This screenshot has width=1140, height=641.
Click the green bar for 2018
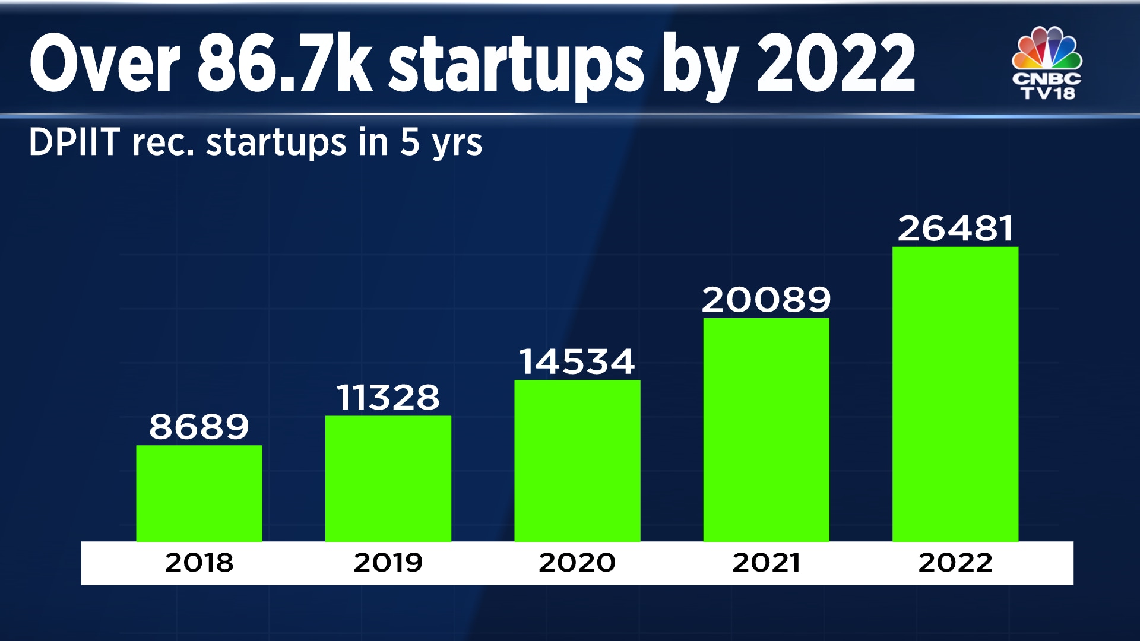(199, 493)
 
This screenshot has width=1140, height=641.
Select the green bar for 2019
(388, 478)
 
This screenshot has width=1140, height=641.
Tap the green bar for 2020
(577, 461)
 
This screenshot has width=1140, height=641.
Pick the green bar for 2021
(766, 430)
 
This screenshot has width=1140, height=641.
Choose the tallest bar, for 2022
(955, 394)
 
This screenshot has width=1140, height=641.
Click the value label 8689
(199, 427)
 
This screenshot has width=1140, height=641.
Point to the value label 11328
(388, 397)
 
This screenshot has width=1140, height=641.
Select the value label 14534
(577, 361)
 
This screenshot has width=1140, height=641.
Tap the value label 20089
(766, 300)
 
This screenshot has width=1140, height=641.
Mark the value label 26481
(955, 229)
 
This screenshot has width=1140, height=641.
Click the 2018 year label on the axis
(199, 563)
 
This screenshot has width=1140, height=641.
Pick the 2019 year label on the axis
(388, 563)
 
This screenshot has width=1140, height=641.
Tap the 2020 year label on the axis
(577, 563)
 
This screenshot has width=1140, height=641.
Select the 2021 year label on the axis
(766, 563)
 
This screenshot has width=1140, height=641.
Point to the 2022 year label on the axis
(955, 563)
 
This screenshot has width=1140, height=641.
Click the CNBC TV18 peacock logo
(1047, 62)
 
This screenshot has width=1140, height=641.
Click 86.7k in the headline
(284, 64)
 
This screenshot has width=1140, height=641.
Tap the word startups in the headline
(515, 65)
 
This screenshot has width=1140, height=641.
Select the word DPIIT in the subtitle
(75, 142)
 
